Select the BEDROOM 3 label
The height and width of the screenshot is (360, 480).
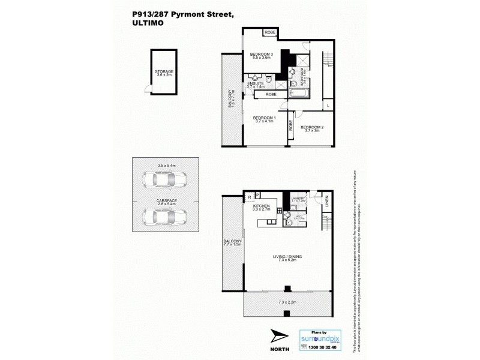(262, 55)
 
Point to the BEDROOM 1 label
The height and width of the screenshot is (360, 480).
(264, 118)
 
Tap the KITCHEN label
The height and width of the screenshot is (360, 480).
(262, 206)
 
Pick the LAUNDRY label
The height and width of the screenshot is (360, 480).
(299, 198)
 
